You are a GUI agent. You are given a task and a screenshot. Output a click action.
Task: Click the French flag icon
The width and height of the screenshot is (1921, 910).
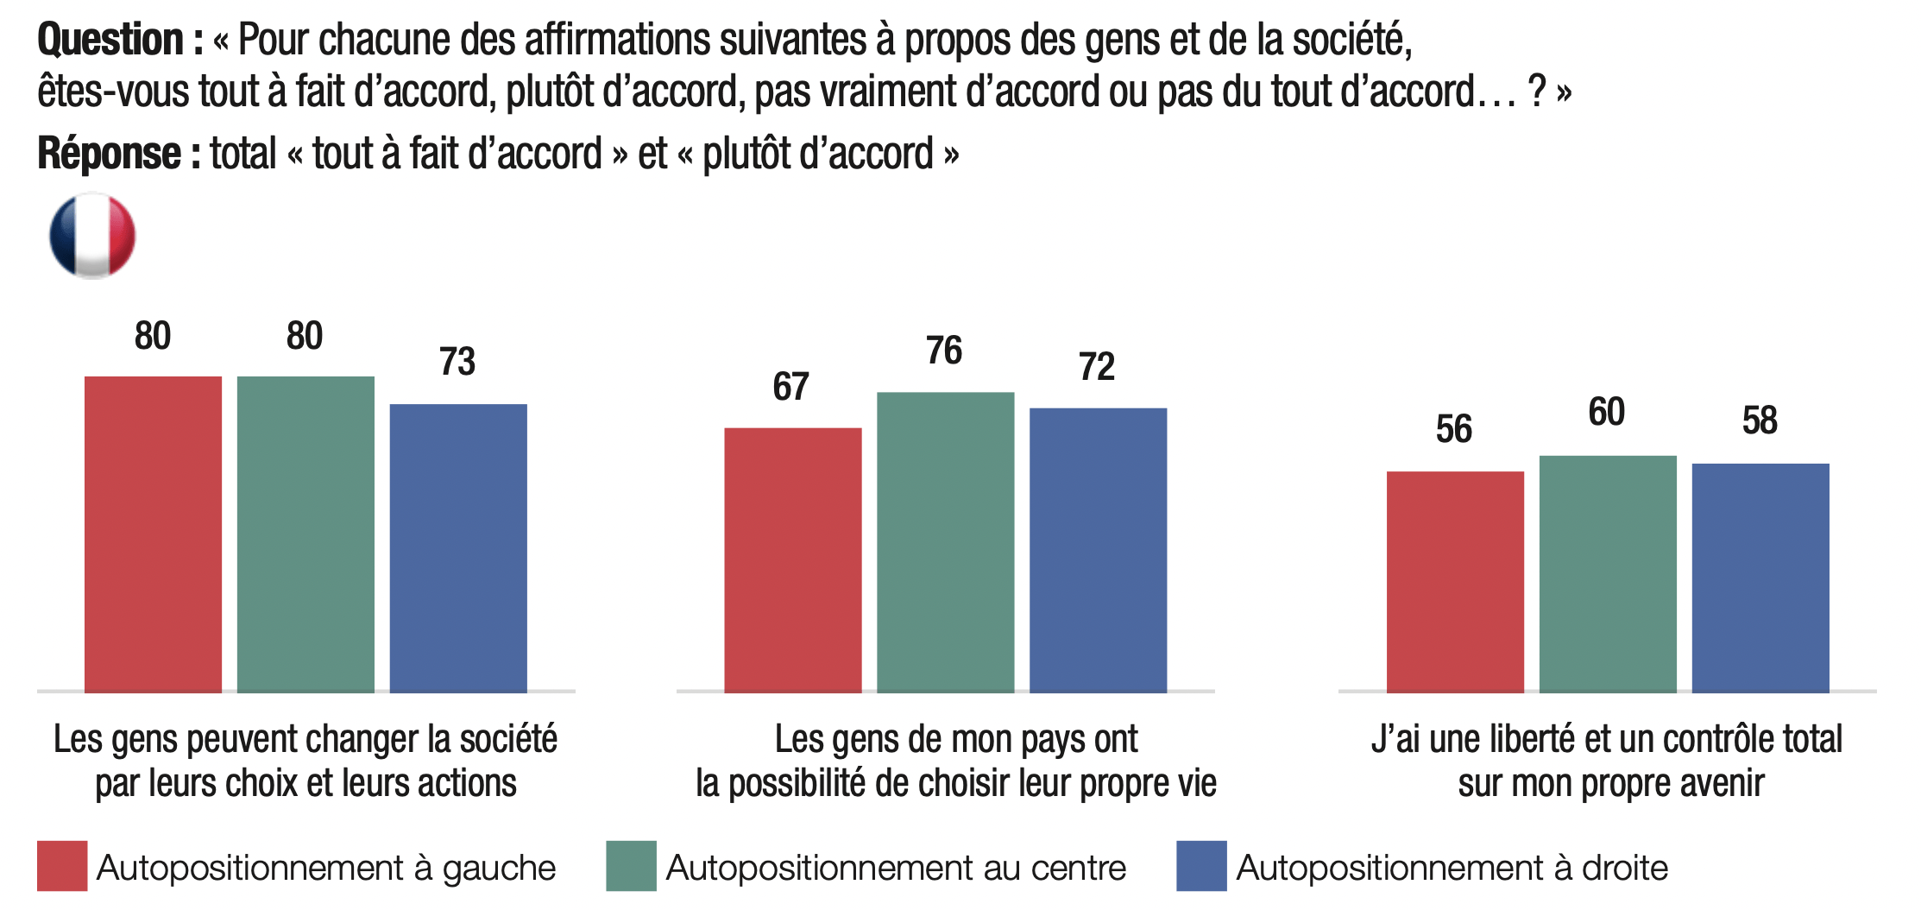pyautogui.click(x=92, y=236)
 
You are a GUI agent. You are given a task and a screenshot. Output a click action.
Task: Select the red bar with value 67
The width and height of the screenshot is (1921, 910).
pyautogui.click(x=792, y=559)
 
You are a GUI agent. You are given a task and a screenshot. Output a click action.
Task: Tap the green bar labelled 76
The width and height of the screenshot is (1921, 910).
pyautogui.click(x=945, y=542)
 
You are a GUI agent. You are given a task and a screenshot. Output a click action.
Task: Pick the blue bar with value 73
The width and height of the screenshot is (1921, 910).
pyautogui.click(x=458, y=548)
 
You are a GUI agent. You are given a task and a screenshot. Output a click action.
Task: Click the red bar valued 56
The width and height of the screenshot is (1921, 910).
pyautogui.click(x=1455, y=582)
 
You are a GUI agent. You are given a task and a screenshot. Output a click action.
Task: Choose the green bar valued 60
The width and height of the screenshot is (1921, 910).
pyautogui.click(x=1608, y=574)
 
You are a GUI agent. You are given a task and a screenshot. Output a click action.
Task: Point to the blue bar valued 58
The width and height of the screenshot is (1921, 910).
pyautogui.click(x=1760, y=578)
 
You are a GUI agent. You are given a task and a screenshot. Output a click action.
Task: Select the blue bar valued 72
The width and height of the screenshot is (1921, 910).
pyautogui.click(x=1098, y=550)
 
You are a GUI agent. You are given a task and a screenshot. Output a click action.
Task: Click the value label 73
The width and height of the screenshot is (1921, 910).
pyautogui.click(x=457, y=362)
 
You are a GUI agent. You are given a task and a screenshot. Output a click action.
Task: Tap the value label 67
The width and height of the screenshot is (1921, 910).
pyautogui.click(x=790, y=387)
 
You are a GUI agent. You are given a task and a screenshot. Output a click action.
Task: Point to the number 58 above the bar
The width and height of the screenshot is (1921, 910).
pyautogui.click(x=1760, y=421)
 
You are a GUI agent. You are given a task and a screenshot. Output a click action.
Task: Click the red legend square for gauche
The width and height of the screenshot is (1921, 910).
pyautogui.click(x=62, y=866)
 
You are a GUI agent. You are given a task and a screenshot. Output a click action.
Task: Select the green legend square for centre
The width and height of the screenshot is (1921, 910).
pyautogui.click(x=631, y=866)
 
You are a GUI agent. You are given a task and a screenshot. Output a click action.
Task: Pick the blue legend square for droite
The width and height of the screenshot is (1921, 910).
pyautogui.click(x=1201, y=866)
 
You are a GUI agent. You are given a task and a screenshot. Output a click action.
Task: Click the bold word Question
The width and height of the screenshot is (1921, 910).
pyautogui.click(x=110, y=41)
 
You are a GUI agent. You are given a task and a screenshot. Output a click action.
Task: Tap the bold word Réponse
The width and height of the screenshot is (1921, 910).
pyautogui.click(x=109, y=154)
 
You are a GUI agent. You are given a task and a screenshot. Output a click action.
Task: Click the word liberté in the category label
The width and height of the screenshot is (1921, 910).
pyautogui.click(x=1525, y=739)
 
